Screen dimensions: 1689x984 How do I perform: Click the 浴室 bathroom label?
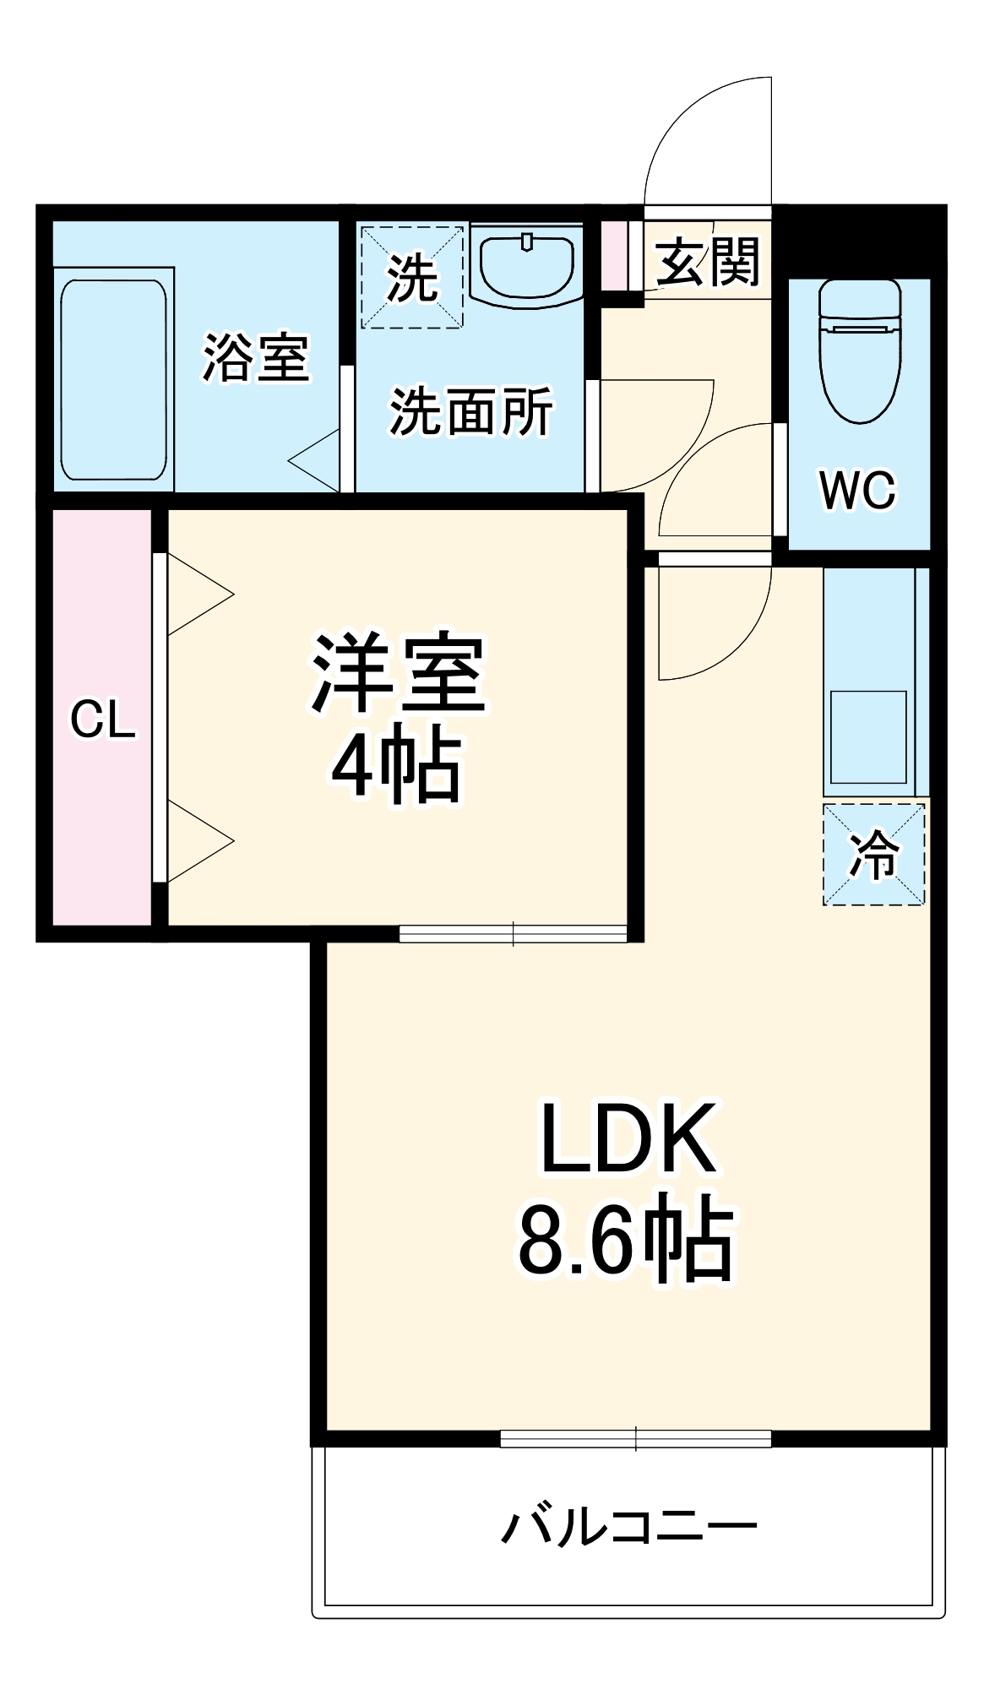[255, 357]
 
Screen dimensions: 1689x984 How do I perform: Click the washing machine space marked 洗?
[412, 276]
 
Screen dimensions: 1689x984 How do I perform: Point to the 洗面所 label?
[470, 411]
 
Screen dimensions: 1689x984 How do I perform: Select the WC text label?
[857, 490]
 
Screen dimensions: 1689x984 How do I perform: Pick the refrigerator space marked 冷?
[873, 854]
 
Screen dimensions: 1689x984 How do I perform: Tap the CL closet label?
[102, 720]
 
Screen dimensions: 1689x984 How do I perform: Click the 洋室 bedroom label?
[399, 673]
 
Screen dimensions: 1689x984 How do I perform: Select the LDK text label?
[628, 1138]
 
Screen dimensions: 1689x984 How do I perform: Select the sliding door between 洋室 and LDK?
[513, 933]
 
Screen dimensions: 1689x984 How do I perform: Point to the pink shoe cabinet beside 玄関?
[614, 254]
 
